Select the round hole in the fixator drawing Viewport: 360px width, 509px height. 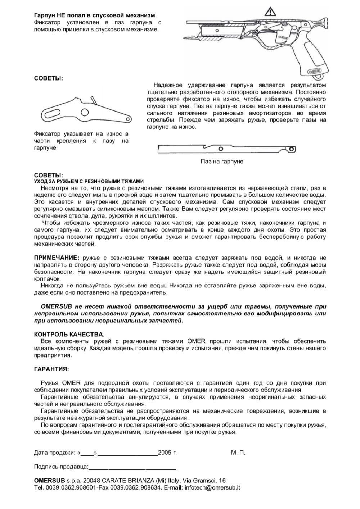(85, 113)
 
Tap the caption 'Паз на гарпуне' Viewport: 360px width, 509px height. (222, 162)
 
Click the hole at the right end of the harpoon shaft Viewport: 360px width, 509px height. (293, 149)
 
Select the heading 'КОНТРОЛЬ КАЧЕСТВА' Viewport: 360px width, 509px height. (69, 334)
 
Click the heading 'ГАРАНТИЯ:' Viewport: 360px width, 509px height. (51, 369)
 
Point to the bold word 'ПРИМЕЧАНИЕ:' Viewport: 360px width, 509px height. (57, 258)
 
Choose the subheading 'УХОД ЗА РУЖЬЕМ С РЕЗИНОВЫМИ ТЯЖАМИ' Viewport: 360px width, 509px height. (89, 181)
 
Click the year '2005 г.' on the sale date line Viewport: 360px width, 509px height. (167, 453)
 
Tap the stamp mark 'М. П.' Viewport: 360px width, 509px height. (238, 453)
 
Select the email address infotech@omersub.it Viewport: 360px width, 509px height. (212, 488)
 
